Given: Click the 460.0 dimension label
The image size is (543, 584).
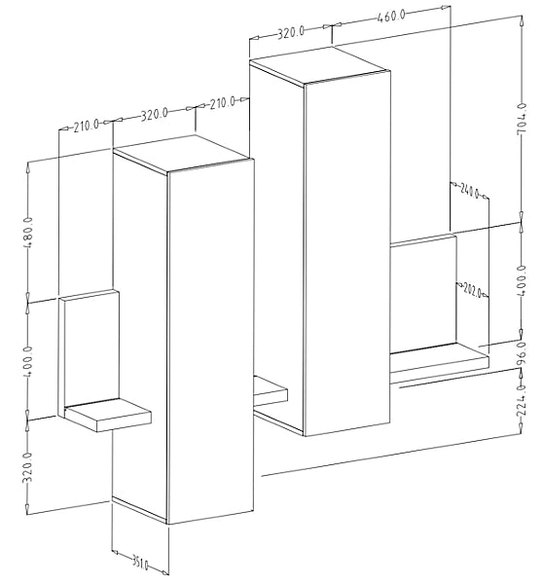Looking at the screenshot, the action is coord(390,17).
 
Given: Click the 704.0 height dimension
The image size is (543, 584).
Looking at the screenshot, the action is coord(522,119).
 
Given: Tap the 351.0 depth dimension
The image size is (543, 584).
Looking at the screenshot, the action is coord(140,562).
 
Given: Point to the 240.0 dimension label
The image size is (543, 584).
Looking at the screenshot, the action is coord(470,191).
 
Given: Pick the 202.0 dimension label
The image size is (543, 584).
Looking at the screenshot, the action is coord(472,291).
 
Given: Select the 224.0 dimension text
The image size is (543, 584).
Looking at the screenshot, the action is coord(523,400).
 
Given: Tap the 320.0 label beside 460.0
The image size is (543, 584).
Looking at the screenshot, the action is coord(291,32).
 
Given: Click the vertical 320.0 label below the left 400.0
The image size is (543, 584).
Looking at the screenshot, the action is coord(27,468).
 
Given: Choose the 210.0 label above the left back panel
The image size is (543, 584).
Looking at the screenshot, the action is coord(86,126).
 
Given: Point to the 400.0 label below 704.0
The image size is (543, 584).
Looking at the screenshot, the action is coord(522,280).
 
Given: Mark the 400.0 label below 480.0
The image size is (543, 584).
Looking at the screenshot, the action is coord(27,361).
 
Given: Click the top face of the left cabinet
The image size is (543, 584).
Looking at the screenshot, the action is coord(183,154).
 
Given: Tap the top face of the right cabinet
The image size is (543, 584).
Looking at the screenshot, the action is coord(319,65).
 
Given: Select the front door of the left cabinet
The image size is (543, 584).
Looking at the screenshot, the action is coord(211,341).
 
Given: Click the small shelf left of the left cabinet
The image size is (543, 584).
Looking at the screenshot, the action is coord(108,415).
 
